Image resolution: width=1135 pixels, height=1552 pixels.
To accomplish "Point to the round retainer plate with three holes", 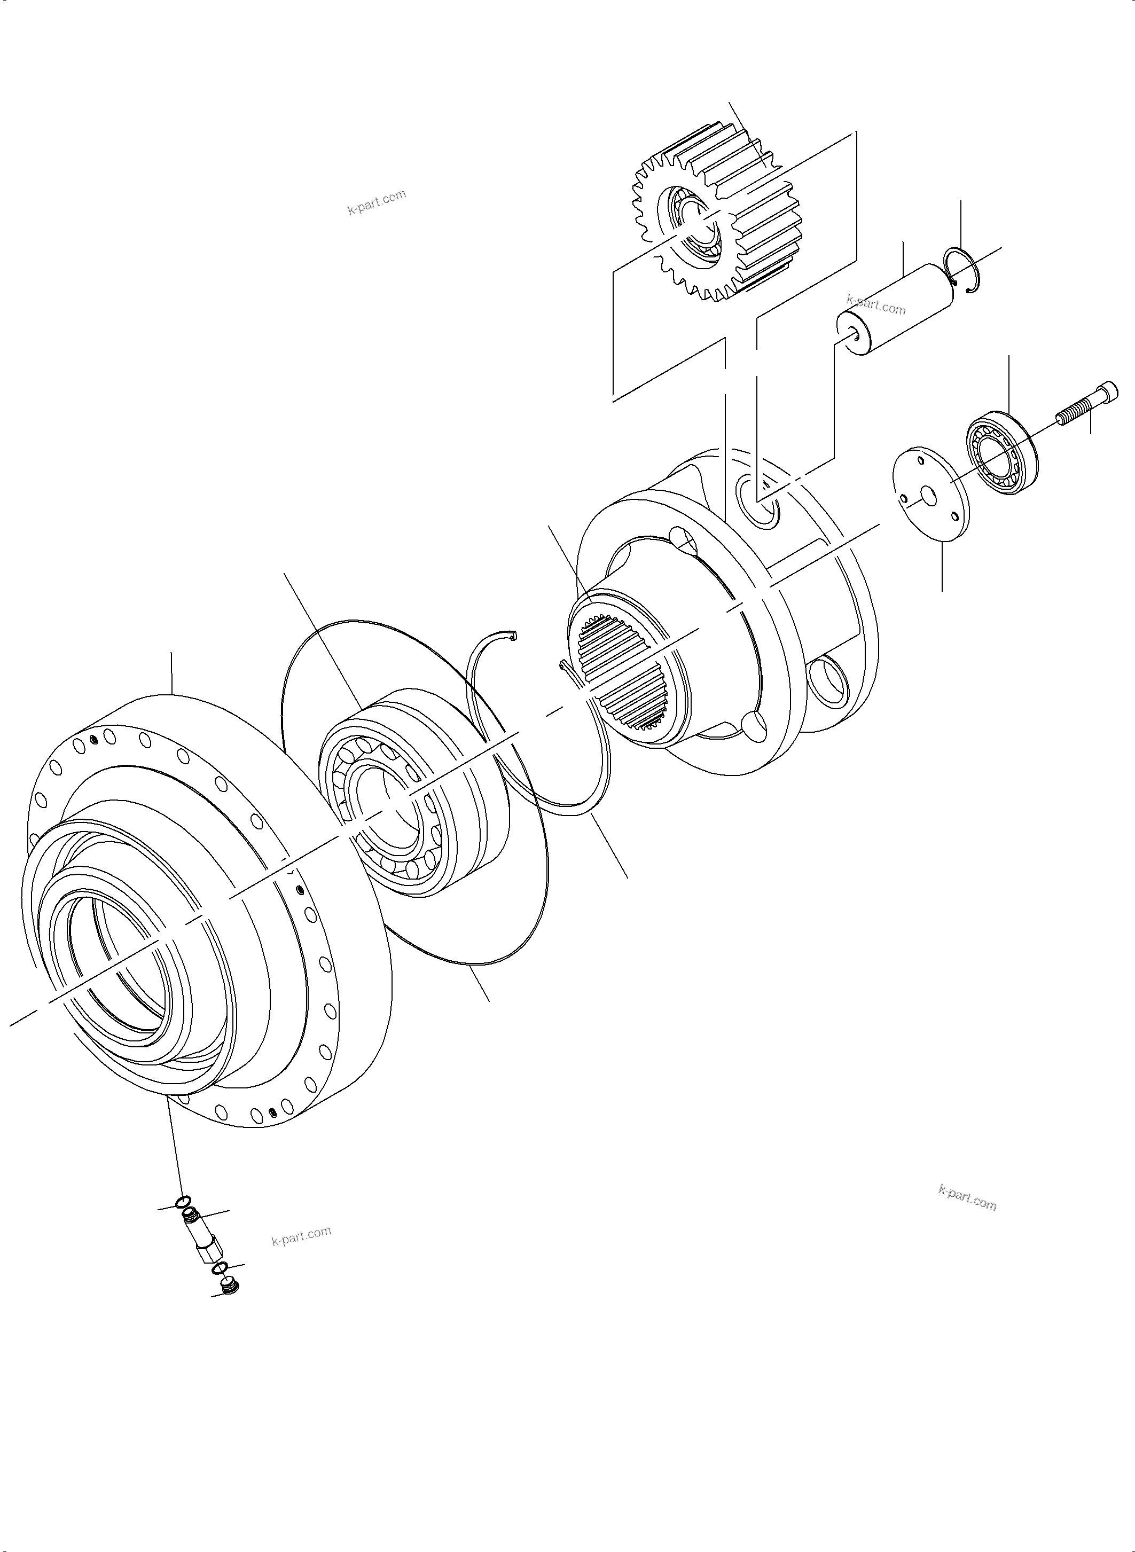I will [x=928, y=495].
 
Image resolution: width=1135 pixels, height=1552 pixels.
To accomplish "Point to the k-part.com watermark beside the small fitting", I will [x=301, y=1237].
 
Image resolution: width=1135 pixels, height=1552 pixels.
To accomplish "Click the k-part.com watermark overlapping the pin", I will [x=876, y=304].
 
